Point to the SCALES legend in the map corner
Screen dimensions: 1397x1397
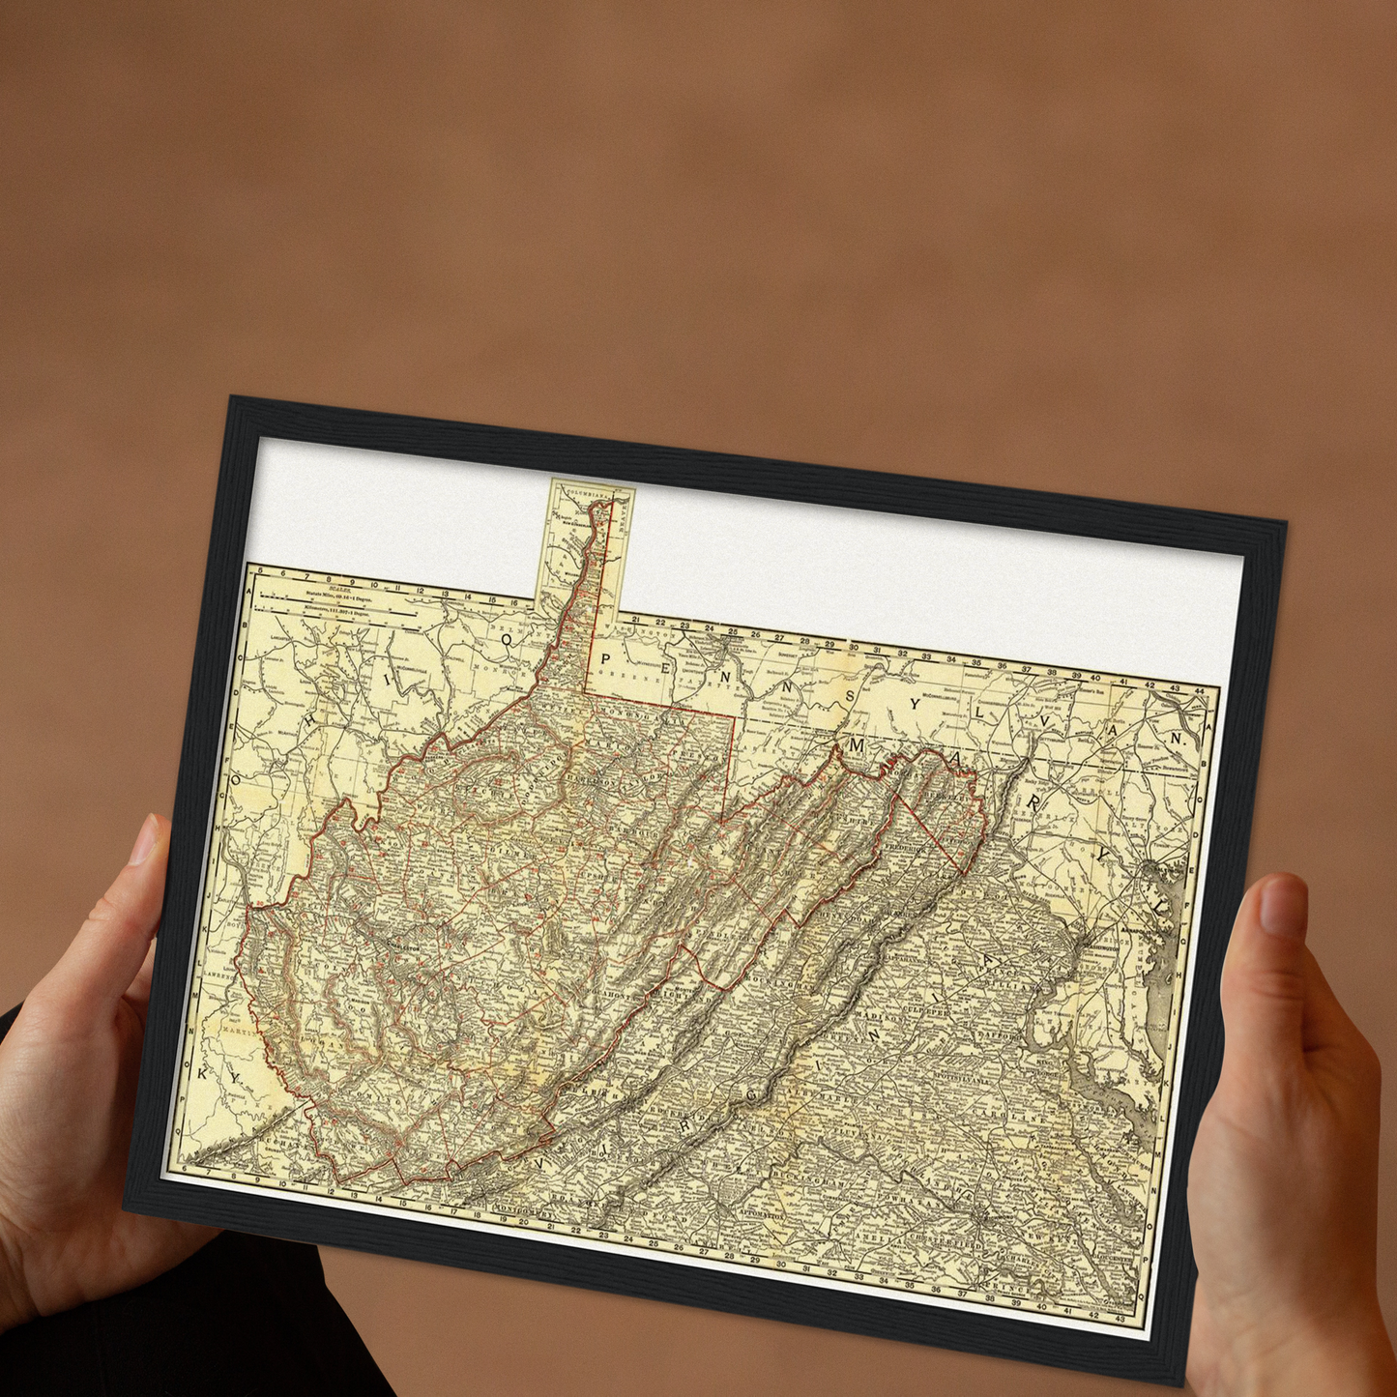coord(337,597)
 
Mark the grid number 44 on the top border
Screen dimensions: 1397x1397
coord(1200,690)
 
